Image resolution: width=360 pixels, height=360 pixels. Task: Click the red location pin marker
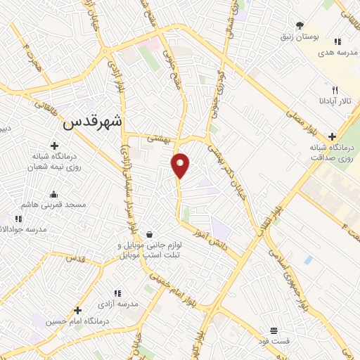point(181,165)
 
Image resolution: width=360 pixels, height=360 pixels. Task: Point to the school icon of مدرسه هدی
point(338,42)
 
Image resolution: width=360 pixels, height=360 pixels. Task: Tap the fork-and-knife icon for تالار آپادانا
point(335,91)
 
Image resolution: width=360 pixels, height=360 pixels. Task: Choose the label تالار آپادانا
point(335,103)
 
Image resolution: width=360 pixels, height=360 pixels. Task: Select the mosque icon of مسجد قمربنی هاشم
point(53,195)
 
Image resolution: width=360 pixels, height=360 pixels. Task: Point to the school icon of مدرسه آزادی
point(117,292)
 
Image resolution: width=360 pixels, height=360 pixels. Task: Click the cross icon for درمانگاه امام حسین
point(77,310)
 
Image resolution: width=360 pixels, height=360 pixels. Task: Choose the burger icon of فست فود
point(274,330)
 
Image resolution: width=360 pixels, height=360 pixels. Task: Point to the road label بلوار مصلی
point(304,115)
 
